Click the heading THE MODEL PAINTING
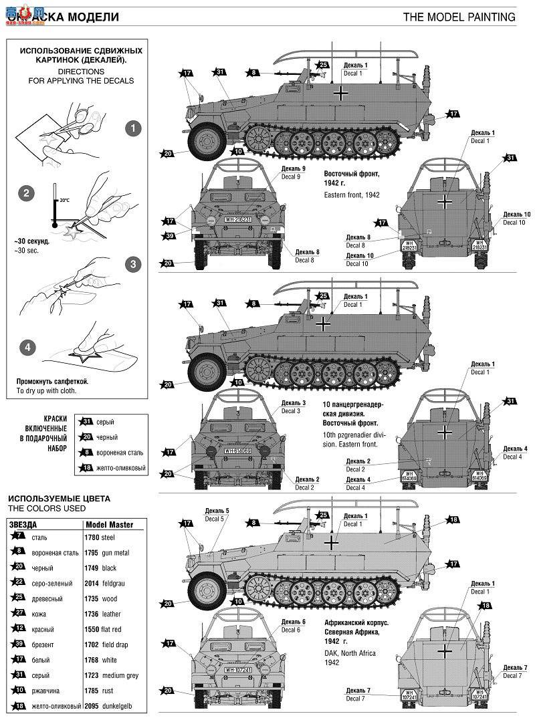pos(459,17)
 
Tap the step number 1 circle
pos(134,128)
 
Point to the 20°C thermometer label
pos(64,199)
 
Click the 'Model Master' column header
pos(110,524)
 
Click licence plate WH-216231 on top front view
pos(238,219)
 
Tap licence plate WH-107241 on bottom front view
pos(238,670)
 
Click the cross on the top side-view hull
pos(342,94)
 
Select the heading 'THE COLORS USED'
pos(37,508)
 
